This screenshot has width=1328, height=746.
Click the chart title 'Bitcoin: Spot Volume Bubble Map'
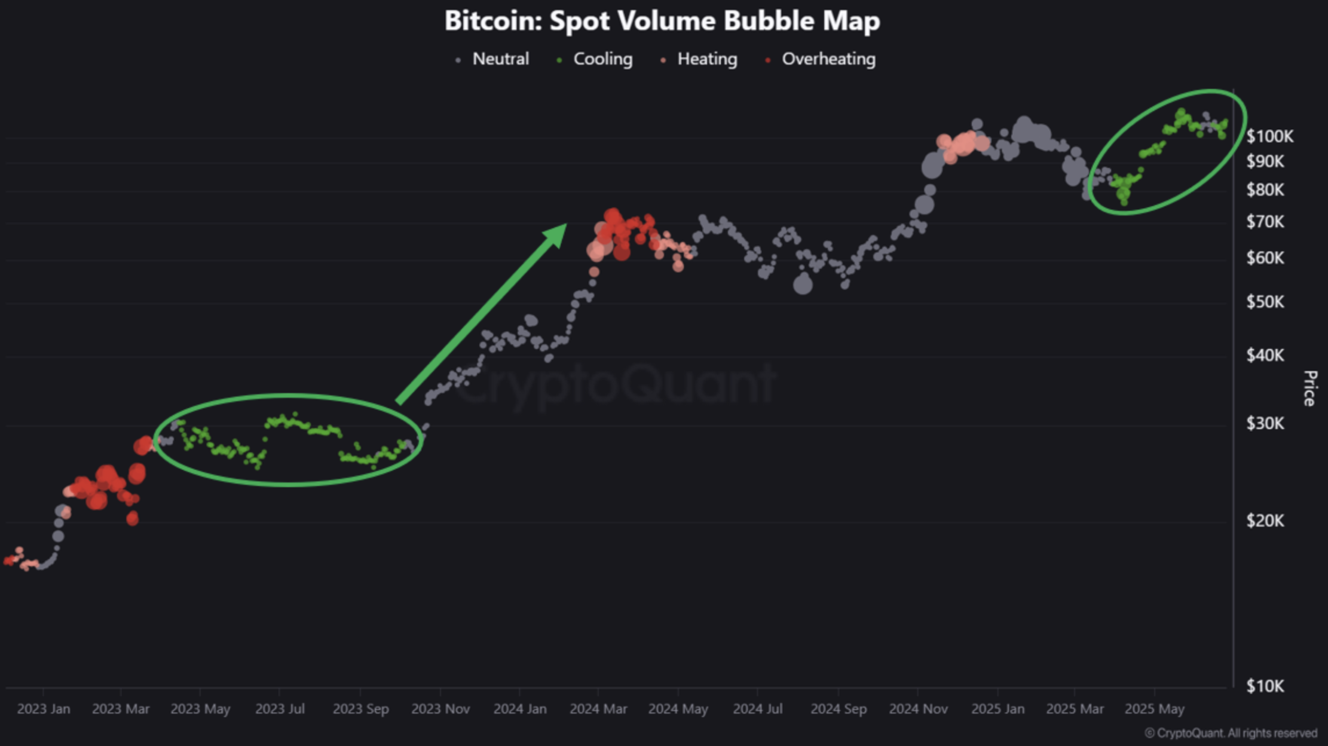pos(662,21)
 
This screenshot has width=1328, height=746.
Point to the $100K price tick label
pos(1269,137)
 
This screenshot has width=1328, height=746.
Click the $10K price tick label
pos(1265,686)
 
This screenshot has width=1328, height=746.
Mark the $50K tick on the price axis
pos(1265,302)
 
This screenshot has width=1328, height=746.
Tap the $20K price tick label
pos(1265,521)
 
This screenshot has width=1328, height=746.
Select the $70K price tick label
pos(1265,222)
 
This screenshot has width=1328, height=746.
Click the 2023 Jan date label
pos(44,709)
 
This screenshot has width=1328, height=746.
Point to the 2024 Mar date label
pos(598,709)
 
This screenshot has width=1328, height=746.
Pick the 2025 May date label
pos(1154,709)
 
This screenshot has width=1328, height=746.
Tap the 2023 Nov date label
pos(440,709)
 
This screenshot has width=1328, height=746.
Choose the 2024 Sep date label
pos(838,709)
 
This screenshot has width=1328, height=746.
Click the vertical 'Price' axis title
pos(1309,389)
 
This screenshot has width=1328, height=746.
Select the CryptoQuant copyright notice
pos(1231,733)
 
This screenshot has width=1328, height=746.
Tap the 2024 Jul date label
pos(757,709)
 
